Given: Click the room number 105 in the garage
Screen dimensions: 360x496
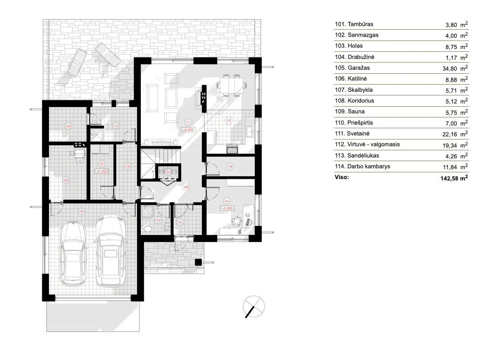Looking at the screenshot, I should click(x=82, y=211).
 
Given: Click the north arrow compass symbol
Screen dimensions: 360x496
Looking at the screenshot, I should click(x=253, y=308).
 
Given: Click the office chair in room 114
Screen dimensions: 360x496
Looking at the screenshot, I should click(x=236, y=220).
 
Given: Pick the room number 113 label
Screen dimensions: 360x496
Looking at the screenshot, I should click(x=230, y=166).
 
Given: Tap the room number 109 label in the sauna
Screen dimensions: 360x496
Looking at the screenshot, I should click(x=68, y=126).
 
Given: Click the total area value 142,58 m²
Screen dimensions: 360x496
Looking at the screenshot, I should click(x=455, y=178).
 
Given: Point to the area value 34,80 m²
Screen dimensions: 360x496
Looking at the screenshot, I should click(x=456, y=68).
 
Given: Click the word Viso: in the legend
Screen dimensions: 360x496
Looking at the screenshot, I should click(x=342, y=178).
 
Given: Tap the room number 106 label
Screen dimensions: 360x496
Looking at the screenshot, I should click(x=66, y=180).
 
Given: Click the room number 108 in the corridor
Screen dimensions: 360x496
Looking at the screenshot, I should click(x=127, y=166).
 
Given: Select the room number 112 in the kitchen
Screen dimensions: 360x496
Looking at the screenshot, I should click(x=228, y=121).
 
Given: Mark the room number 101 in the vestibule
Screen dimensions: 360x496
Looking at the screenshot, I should click(x=180, y=222).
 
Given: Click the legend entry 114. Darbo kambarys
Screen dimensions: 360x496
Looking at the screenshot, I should click(x=362, y=166).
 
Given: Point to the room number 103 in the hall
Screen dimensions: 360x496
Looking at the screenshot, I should click(x=185, y=187).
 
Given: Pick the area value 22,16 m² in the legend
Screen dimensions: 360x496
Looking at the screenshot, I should click(x=456, y=134).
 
